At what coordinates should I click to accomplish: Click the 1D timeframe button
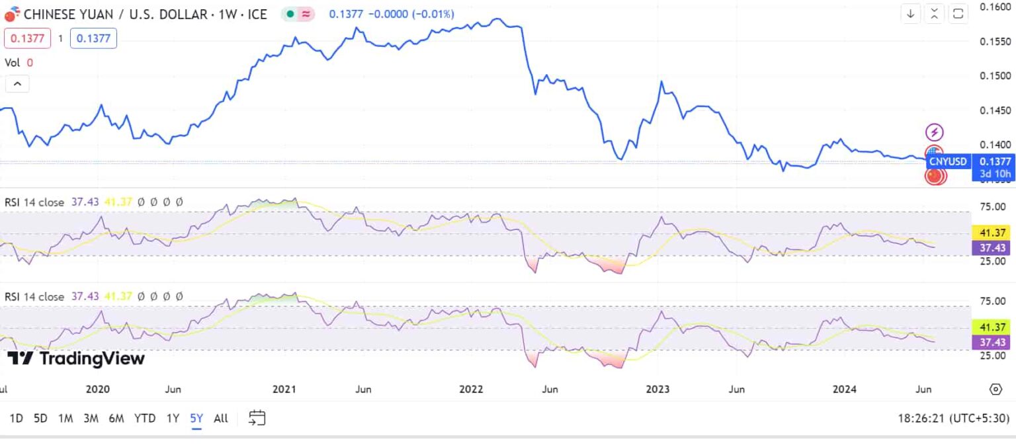(x=17, y=418)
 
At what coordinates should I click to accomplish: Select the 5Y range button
(x=196, y=418)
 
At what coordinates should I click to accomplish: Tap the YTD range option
(x=144, y=418)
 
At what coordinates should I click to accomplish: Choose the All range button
(x=221, y=418)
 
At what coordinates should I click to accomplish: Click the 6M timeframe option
(x=116, y=418)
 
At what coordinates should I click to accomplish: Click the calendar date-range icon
(x=257, y=418)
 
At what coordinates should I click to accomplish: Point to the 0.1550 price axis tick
(x=995, y=41)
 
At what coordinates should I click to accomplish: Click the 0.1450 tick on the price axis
(x=995, y=110)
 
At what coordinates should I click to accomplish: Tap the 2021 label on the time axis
(x=284, y=389)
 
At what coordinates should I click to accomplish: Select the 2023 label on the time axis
(x=658, y=389)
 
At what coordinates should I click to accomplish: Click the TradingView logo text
(x=76, y=359)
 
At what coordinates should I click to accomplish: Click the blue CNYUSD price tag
(x=948, y=161)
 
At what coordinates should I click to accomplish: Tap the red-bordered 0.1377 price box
(x=28, y=38)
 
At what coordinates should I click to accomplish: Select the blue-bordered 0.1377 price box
(x=93, y=38)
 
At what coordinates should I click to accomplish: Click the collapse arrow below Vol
(x=17, y=84)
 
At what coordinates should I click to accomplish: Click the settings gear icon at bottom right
(x=995, y=389)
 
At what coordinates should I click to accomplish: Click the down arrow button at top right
(x=911, y=14)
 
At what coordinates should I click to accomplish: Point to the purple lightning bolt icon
(x=934, y=132)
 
